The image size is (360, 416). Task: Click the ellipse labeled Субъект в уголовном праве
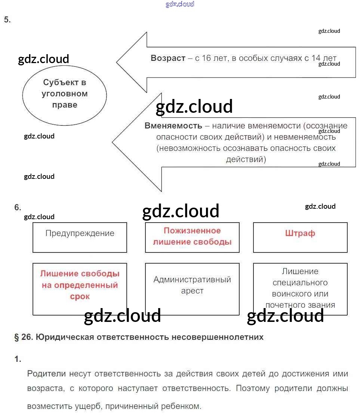coord(65,94)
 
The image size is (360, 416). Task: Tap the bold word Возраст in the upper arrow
coord(168,58)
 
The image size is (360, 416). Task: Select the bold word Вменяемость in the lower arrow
coord(173,126)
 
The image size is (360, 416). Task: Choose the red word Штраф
coord(300,233)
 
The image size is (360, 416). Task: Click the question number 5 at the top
coord(7,20)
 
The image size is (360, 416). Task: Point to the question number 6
coord(18,208)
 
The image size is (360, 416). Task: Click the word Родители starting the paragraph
coord(46,374)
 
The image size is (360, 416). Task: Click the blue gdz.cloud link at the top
coord(180,4)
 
